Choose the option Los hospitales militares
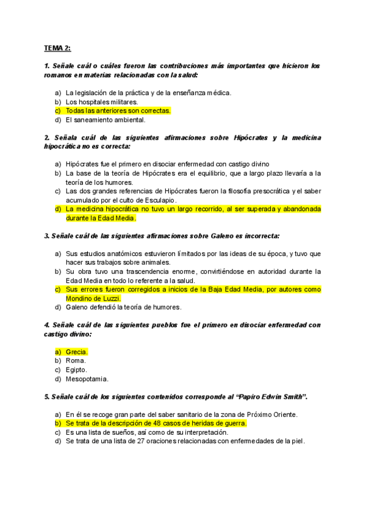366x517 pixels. click(x=102, y=102)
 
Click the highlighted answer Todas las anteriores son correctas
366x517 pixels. click(x=118, y=111)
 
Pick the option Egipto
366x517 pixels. click(x=76, y=369)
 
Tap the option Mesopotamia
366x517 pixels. click(x=85, y=379)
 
